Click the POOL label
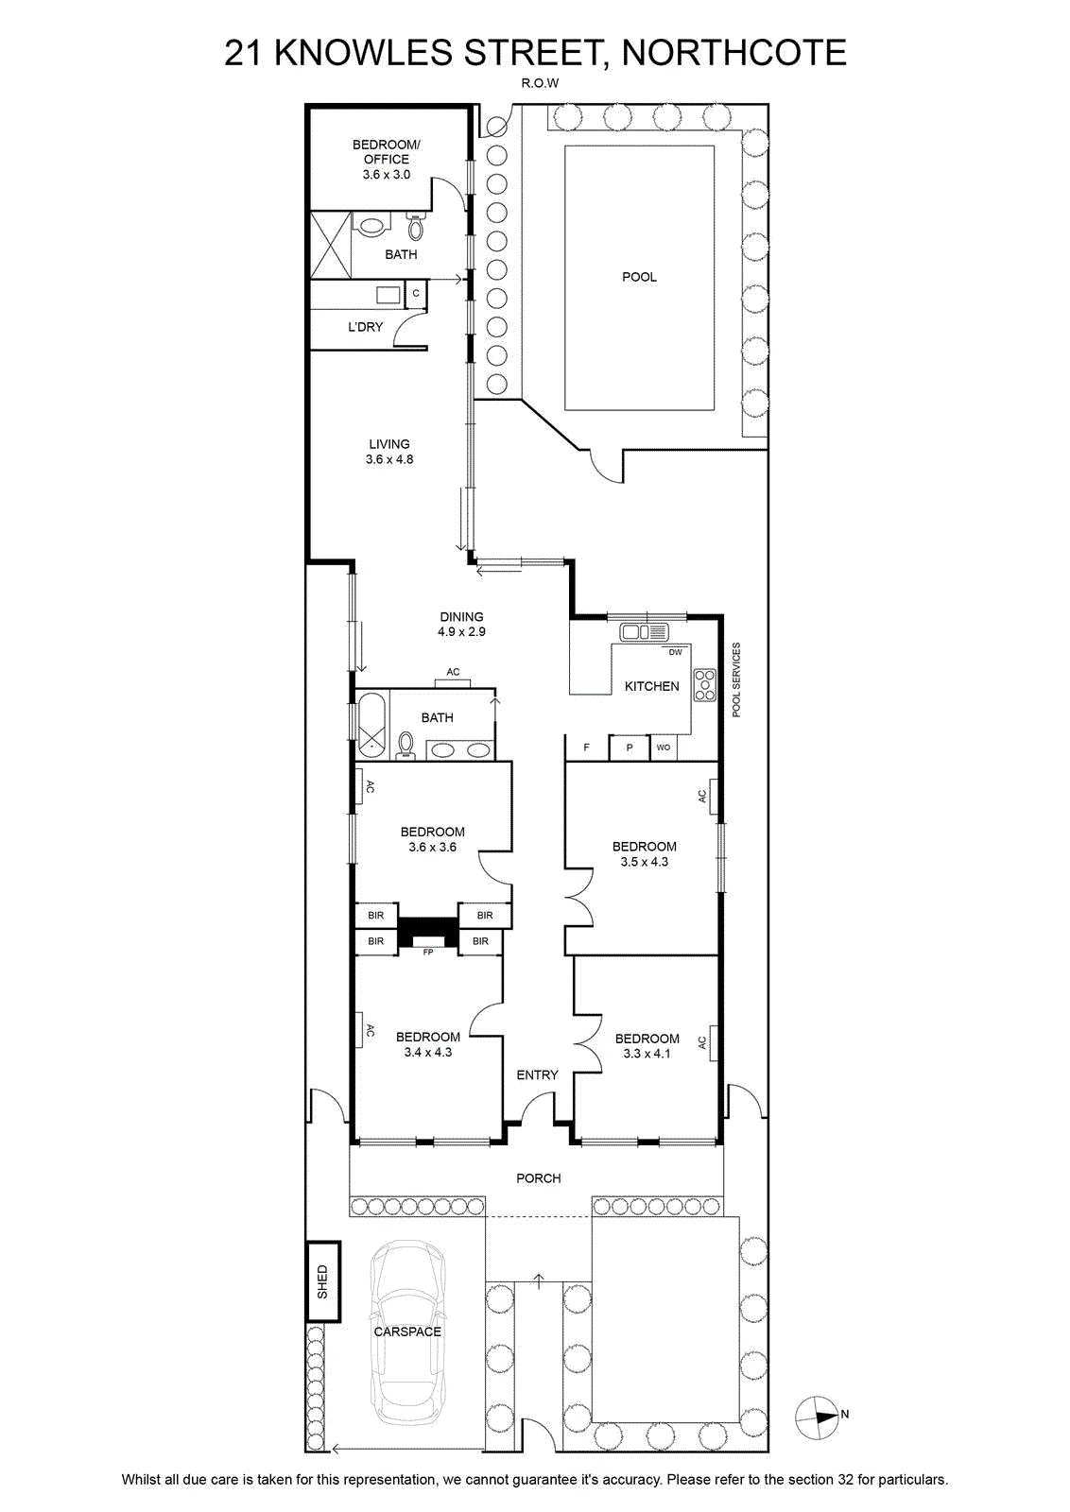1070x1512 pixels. [639, 277]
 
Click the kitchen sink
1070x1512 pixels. [644, 632]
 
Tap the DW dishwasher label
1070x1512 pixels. [675, 652]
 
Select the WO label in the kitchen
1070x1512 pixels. [663, 747]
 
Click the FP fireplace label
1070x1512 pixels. [427, 952]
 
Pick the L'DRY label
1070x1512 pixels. [365, 327]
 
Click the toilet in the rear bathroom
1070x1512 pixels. [415, 227]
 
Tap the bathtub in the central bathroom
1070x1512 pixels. [371, 724]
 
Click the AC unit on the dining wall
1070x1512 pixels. [453, 683]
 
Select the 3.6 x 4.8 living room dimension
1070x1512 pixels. [389, 459]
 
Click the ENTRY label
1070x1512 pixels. [537, 1074]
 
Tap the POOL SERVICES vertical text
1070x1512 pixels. [735, 679]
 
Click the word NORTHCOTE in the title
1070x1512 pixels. [733, 53]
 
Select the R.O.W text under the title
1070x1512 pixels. [540, 84]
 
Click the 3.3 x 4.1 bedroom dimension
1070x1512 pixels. [647, 1054]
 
